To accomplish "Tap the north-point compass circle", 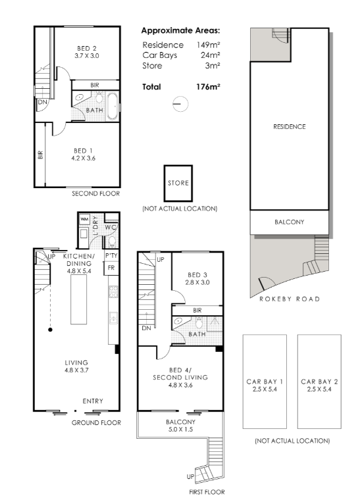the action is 180,96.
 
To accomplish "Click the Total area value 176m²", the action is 208,87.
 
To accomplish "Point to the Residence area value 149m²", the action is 209,45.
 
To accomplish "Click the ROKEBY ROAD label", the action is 290,299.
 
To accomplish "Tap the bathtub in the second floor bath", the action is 112,106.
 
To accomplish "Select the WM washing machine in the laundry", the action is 84,219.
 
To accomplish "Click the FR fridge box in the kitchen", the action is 111,268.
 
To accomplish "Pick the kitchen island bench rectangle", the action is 78,299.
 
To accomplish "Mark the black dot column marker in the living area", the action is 50,330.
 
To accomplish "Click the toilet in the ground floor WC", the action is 112,241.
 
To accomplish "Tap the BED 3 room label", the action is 197,275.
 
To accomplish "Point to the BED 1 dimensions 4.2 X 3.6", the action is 83,158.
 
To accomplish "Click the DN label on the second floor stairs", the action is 43,102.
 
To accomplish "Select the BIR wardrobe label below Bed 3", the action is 197,311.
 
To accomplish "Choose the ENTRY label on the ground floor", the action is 93,401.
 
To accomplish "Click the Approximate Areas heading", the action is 180,31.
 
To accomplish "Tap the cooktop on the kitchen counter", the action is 113,292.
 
